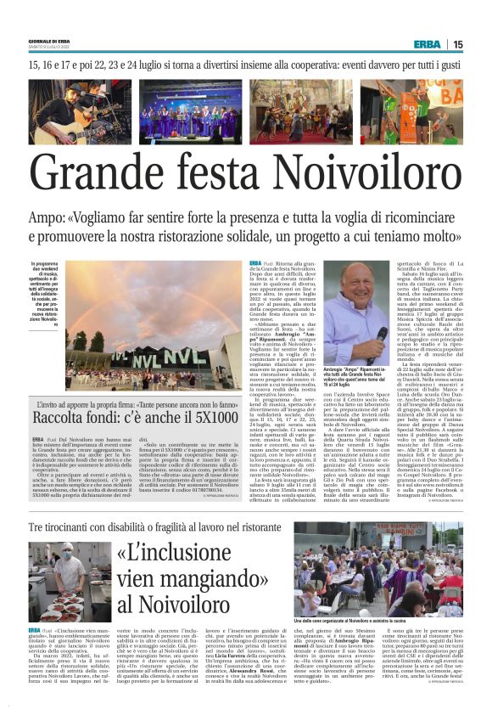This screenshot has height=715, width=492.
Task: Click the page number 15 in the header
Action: (481, 44)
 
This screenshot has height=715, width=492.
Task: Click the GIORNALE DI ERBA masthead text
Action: (48, 40)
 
